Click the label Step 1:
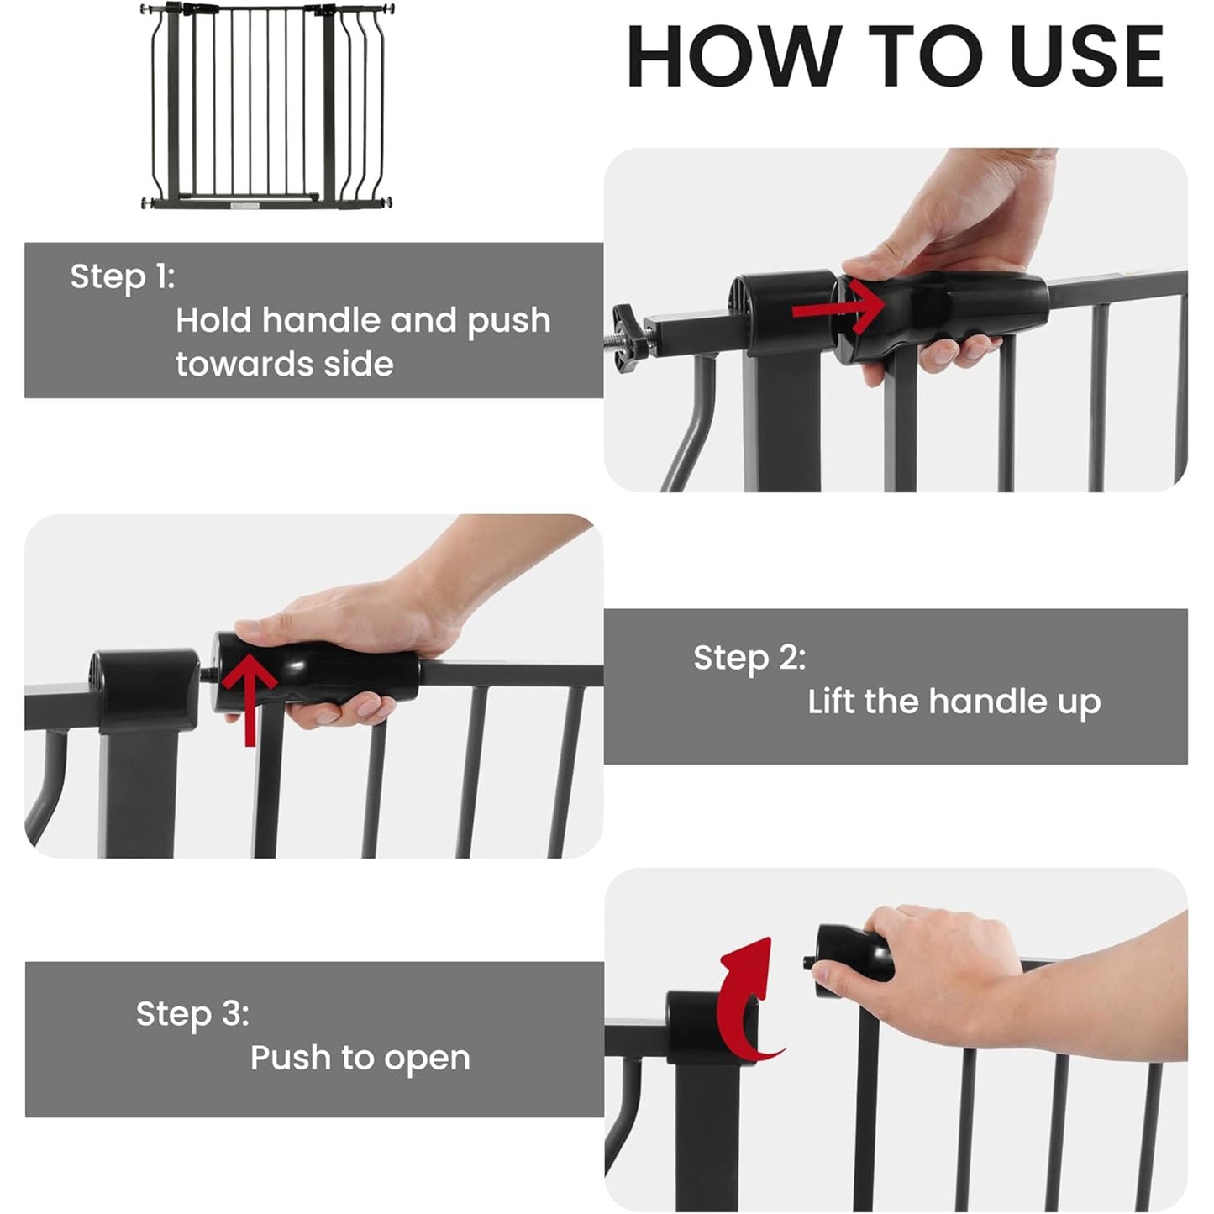pos(123,276)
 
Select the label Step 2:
pos(749,657)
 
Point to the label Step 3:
pos(192,1013)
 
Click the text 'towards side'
pos(284,364)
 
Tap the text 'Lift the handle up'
pos(954,702)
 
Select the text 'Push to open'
pos(360,1058)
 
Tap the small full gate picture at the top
pos(267,106)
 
